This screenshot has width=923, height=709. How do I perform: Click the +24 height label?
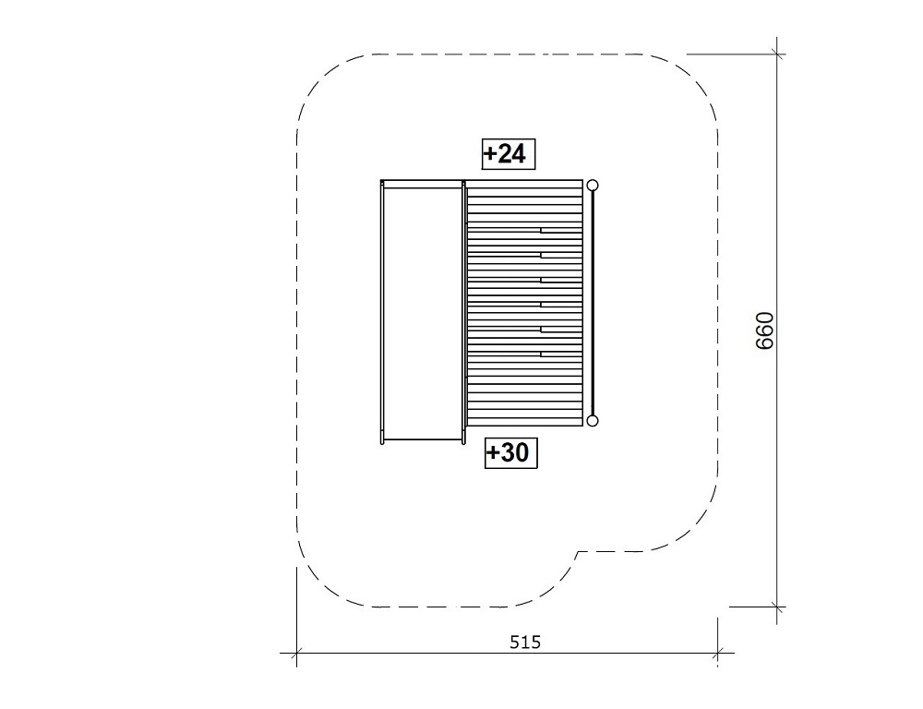tap(509, 154)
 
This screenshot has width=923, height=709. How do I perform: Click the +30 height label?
tap(511, 453)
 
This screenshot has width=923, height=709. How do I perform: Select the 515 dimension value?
tap(525, 642)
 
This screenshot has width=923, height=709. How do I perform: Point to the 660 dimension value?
tap(764, 330)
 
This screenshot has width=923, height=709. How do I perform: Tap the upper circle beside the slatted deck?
tap(593, 186)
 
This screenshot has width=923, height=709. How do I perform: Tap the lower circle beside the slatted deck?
tap(593, 420)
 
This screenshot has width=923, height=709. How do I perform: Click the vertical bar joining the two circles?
tap(593, 304)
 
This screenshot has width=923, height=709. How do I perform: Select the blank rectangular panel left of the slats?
tap(422, 313)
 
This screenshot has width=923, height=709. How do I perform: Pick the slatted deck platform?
tap(525, 303)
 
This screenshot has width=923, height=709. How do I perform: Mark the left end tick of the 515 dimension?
tap(296, 653)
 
